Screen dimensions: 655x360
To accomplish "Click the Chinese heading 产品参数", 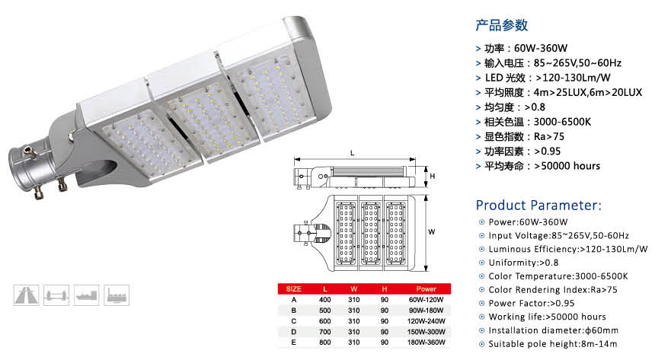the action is tap(502, 25).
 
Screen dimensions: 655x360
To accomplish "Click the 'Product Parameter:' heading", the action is tap(539, 205).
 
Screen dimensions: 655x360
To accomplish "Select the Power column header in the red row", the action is tap(426, 289).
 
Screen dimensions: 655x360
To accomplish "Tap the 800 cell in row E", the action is tap(325, 342).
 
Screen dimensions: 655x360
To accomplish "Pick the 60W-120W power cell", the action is tap(426, 300).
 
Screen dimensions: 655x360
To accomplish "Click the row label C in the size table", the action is tap(294, 321).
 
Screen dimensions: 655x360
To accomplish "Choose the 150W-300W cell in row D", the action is tap(426, 332).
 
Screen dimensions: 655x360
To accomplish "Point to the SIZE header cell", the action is tap(294, 289).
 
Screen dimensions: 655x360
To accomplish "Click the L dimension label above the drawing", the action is tap(352, 153).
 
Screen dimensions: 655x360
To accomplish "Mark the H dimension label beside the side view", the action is tap(433, 177).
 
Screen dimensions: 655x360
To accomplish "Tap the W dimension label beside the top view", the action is tap(432, 232).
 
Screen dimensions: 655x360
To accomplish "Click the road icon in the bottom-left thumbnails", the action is tap(27, 295).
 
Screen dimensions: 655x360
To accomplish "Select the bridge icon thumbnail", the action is tap(56, 295).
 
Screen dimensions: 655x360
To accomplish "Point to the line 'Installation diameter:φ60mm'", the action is tap(553, 330).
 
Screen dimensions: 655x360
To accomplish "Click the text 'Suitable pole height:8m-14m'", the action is tap(553, 344).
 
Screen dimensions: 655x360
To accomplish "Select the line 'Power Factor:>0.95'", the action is tap(532, 303).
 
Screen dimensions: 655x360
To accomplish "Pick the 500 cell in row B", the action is tap(325, 311).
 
